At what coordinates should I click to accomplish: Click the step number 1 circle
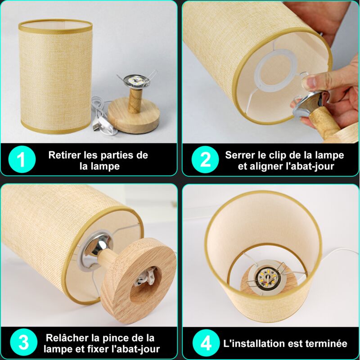(x=22, y=159)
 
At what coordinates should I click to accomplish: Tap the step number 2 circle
(x=205, y=159)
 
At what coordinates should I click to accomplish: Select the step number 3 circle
(x=24, y=342)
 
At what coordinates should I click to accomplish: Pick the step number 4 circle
(x=206, y=343)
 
